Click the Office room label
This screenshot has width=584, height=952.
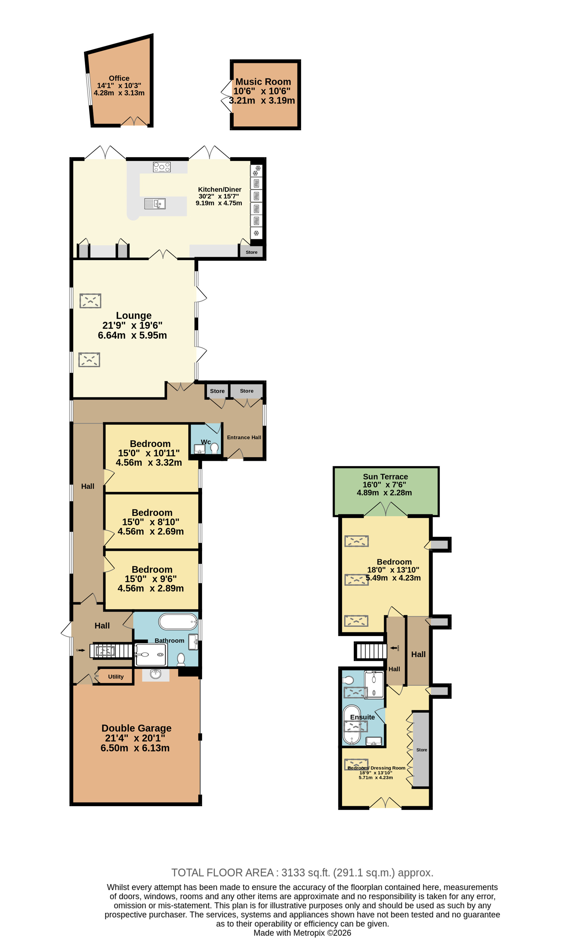[119, 78]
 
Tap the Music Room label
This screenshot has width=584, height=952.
[263, 82]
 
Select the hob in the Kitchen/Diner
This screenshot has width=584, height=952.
[162, 167]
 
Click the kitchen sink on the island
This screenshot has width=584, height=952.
[155, 204]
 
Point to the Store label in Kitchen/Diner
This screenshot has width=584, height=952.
[251, 252]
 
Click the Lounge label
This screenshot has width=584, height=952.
[134, 316]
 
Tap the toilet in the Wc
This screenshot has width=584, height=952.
[214, 448]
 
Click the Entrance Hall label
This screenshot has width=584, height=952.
[244, 437]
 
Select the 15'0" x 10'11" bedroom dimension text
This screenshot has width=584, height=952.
[149, 453]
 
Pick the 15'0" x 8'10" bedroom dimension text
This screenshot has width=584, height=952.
[151, 522]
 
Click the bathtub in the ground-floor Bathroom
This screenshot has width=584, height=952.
[178, 622]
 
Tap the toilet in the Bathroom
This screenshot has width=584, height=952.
[181, 660]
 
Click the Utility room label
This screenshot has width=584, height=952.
[116, 677]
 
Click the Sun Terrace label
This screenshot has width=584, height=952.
[385, 477]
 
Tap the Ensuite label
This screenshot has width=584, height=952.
[362, 717]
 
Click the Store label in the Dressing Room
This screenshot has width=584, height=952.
[422, 750]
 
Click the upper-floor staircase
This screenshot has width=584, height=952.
[371, 651]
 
